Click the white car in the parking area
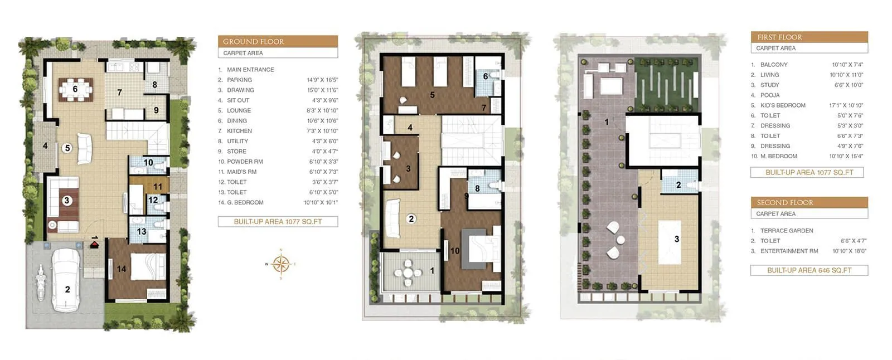click(66, 280)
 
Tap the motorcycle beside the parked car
click(40, 284)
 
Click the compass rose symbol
click(281, 264)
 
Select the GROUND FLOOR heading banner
click(278, 41)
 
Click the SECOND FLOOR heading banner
click(809, 202)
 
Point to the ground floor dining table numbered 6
click(75, 89)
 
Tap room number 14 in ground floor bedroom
click(122, 269)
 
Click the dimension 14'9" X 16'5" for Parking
click(322, 80)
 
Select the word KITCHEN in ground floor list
click(239, 131)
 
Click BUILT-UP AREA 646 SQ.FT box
click(809, 270)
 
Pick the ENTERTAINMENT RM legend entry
click(789, 251)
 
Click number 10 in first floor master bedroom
click(455, 251)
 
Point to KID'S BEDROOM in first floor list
click(783, 105)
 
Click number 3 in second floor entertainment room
click(676, 239)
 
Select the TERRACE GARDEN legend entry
click(787, 230)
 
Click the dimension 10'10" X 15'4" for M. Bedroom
click(846, 156)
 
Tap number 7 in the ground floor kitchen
click(119, 93)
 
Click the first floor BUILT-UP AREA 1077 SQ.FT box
click(809, 172)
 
